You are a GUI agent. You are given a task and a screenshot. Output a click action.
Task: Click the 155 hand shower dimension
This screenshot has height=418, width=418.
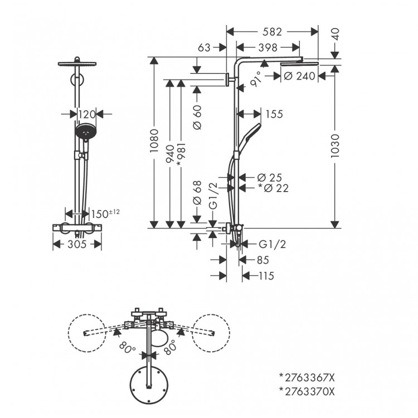274,114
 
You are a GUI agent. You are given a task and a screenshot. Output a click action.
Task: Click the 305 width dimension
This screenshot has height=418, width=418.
77,244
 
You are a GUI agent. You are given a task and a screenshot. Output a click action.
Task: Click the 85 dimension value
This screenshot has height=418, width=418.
262,260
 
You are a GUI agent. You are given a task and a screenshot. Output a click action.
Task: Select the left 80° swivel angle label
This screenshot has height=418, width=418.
127,349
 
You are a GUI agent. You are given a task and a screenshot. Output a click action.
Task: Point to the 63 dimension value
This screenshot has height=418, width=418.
204,48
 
